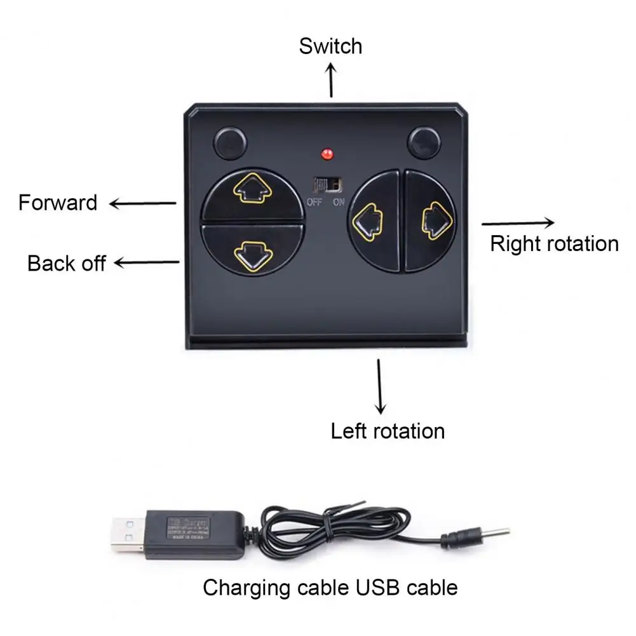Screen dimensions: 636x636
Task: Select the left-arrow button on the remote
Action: [x=366, y=222]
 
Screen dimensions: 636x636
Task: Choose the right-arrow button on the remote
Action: [x=436, y=220]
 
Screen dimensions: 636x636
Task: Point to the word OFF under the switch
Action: [x=314, y=203]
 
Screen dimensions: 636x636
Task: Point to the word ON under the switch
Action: [x=338, y=203]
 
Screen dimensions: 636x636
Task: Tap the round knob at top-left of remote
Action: [x=230, y=144]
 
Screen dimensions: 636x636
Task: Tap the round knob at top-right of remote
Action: [x=424, y=144]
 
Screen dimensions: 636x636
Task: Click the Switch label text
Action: [x=330, y=46]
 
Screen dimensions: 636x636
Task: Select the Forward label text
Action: [x=58, y=203]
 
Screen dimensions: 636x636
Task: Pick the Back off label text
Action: [x=66, y=263]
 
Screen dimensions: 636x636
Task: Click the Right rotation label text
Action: [x=554, y=243]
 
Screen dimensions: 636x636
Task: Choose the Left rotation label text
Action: [x=388, y=431]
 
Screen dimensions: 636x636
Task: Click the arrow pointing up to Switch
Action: [x=331, y=80]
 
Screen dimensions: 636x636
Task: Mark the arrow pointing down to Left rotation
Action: [x=380, y=386]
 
